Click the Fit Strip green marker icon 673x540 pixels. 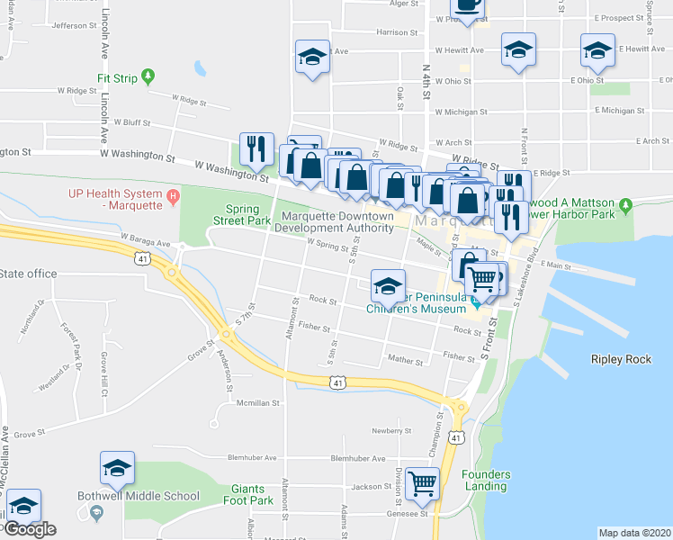pyautogui.click(x=149, y=78)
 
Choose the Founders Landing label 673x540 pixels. pyautogui.click(x=486, y=480)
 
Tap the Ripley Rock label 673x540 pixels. pyautogui.click(x=621, y=359)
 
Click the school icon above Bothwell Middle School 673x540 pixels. pyautogui.click(x=117, y=468)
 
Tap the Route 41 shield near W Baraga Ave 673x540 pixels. pyautogui.click(x=143, y=259)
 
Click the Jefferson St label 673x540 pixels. pyautogui.click(x=74, y=25)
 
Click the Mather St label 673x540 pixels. pyautogui.click(x=405, y=361)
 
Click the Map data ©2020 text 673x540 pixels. pyautogui.click(x=634, y=533)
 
